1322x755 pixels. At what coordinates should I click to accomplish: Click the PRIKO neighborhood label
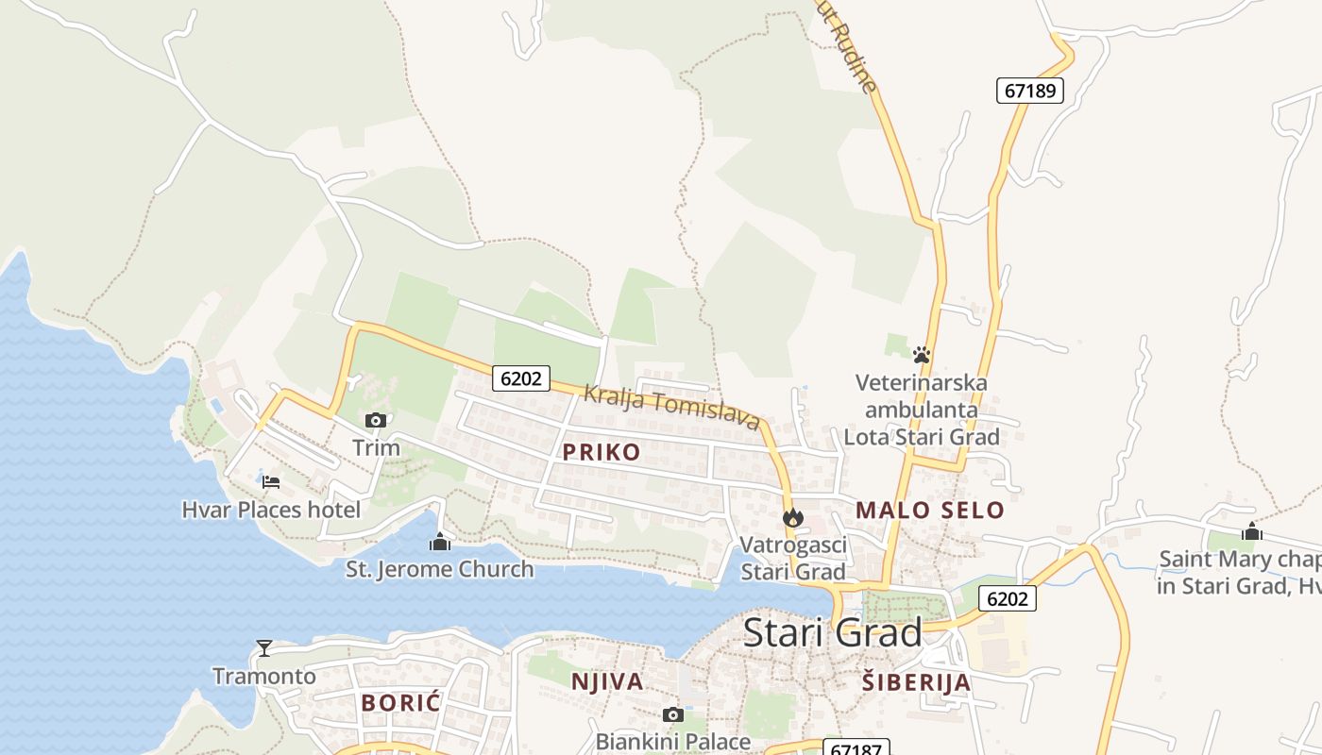pos(602,452)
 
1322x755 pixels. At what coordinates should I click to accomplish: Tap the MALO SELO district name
pos(930,511)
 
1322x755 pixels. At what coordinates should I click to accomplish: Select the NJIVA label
pos(607,681)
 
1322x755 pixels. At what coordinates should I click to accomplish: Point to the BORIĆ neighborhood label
pos(401,702)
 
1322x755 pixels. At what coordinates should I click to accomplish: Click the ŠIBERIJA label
pos(916,682)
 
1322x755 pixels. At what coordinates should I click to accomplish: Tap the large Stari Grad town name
pos(832,632)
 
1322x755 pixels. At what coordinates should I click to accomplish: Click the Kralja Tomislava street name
pos(671,407)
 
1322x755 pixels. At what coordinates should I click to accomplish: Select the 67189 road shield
pos(1030,91)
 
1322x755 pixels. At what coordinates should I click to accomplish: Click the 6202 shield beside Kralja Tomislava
pos(521,378)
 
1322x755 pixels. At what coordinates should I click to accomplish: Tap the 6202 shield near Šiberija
pos(1008,598)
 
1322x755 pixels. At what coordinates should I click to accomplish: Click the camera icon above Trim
pos(376,420)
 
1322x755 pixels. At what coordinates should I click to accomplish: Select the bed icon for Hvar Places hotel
pos(271,481)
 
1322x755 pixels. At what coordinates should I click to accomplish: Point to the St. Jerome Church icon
pos(439,542)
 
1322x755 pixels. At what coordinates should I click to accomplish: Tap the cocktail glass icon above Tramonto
pos(264,647)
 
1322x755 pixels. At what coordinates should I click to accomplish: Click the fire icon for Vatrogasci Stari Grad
pos(793,517)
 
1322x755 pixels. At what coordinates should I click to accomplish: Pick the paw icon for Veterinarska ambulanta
pos(922,355)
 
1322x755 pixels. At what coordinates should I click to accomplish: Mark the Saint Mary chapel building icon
pos(1252,531)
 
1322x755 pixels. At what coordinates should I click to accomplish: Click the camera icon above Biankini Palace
pos(672,714)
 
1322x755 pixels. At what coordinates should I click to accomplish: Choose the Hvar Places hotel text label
pos(271,511)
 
